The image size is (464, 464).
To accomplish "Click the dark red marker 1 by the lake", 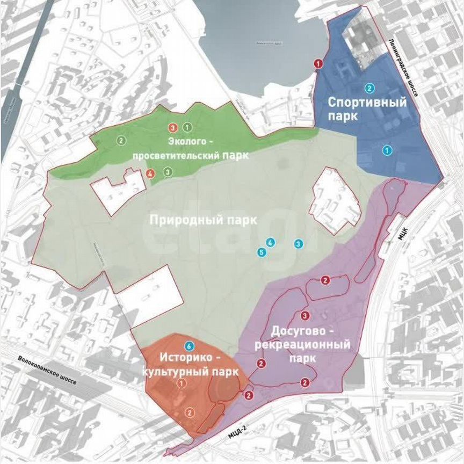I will (318, 64).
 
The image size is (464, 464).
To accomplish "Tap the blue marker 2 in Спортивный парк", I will (369, 88).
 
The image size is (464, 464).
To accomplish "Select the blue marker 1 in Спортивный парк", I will (386, 150).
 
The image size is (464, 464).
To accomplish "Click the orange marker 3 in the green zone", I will (173, 128).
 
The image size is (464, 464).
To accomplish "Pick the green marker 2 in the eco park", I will (121, 141).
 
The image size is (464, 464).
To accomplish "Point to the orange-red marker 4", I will (150, 173).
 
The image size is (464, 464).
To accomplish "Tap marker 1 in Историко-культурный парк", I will (182, 383).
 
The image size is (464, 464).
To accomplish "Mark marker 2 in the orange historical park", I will (189, 412).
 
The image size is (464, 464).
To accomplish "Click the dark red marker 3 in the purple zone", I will (305, 315).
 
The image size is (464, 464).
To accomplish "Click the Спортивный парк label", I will (367, 108).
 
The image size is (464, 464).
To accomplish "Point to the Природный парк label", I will (204, 220).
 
